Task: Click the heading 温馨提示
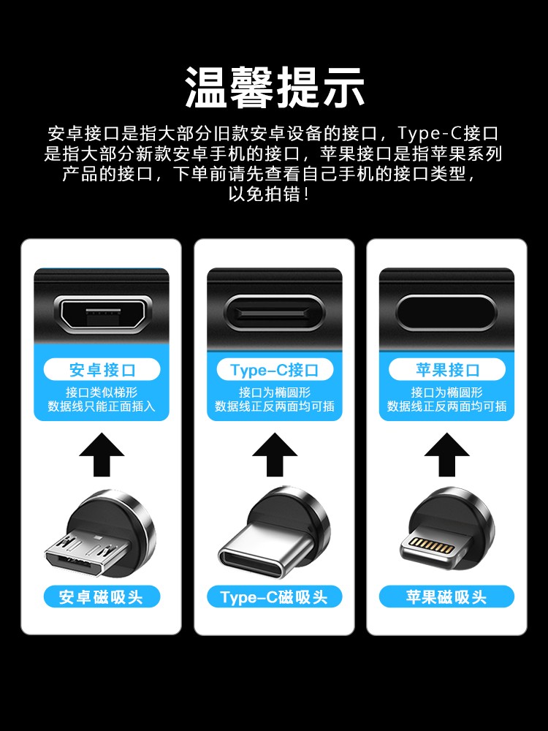click(x=275, y=87)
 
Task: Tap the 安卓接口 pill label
click(x=102, y=370)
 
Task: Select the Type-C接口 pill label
click(x=275, y=370)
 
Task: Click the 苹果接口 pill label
click(x=447, y=370)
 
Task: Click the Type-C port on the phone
click(x=274, y=312)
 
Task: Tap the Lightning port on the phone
click(x=446, y=312)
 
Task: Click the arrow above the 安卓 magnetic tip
click(x=102, y=455)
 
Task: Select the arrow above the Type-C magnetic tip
click(x=275, y=455)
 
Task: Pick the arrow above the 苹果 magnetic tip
click(x=447, y=455)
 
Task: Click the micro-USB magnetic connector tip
click(x=101, y=534)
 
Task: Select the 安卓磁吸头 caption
click(x=102, y=597)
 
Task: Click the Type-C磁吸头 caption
click(x=275, y=597)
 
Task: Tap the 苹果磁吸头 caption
click(x=447, y=597)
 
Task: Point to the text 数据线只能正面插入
click(x=102, y=406)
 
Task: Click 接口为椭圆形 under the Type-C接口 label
click(x=275, y=393)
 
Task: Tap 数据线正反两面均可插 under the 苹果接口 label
click(x=447, y=406)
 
